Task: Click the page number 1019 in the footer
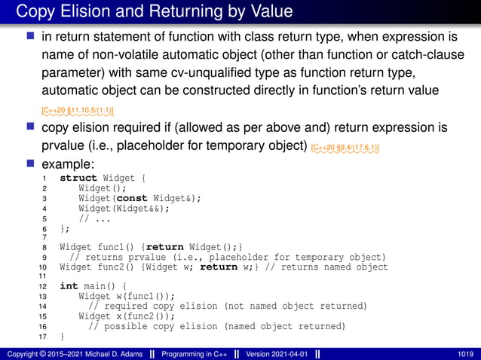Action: [465, 353]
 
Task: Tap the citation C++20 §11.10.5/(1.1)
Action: [78, 111]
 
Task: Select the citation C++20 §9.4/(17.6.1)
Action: [345, 147]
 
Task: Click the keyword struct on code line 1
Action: [78, 178]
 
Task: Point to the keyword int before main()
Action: [69, 286]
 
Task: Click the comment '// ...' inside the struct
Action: [95, 218]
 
